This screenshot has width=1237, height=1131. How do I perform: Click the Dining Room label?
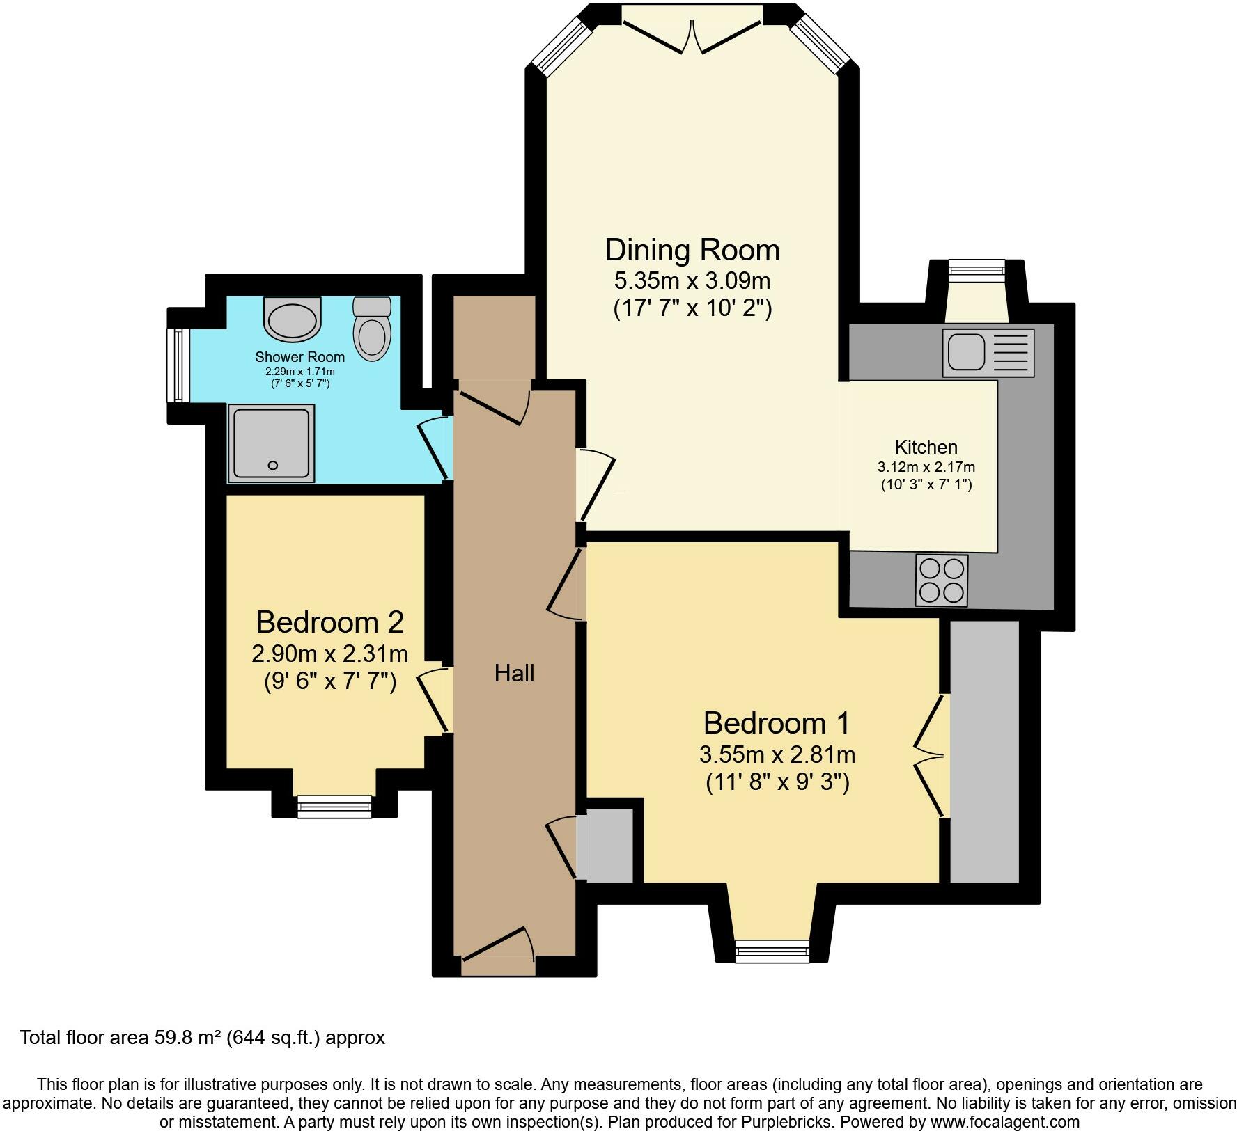[x=692, y=250]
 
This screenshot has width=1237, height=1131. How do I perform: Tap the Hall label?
[x=514, y=673]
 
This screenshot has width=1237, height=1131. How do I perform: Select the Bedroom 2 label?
[x=330, y=622]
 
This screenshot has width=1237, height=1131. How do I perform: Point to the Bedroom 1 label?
[x=777, y=723]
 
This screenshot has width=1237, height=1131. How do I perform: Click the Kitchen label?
[x=926, y=447]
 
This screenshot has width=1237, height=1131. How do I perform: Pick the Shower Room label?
[x=299, y=357]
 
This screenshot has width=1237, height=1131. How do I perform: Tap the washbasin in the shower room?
[x=293, y=317]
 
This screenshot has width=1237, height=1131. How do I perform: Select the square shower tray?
[x=272, y=443]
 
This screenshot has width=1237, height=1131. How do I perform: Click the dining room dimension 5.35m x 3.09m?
[x=692, y=281]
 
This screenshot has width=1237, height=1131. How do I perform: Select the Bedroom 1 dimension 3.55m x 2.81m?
[x=777, y=754]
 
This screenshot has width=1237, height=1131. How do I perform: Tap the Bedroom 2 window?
[x=334, y=807]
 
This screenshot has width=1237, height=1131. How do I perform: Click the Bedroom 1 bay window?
[x=772, y=951]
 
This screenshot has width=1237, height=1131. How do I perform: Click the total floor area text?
[x=203, y=1038]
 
